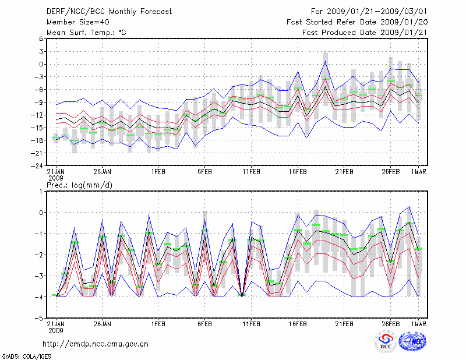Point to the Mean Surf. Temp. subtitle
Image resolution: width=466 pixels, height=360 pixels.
pos(86,32)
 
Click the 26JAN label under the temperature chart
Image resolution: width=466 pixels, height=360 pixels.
pos(103,172)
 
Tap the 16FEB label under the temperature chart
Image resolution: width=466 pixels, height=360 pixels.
pos(298,172)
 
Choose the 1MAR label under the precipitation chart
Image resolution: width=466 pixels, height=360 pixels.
pos(418,323)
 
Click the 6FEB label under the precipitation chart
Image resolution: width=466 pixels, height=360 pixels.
pos(204,323)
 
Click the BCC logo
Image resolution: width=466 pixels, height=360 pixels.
pos(386,341)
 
